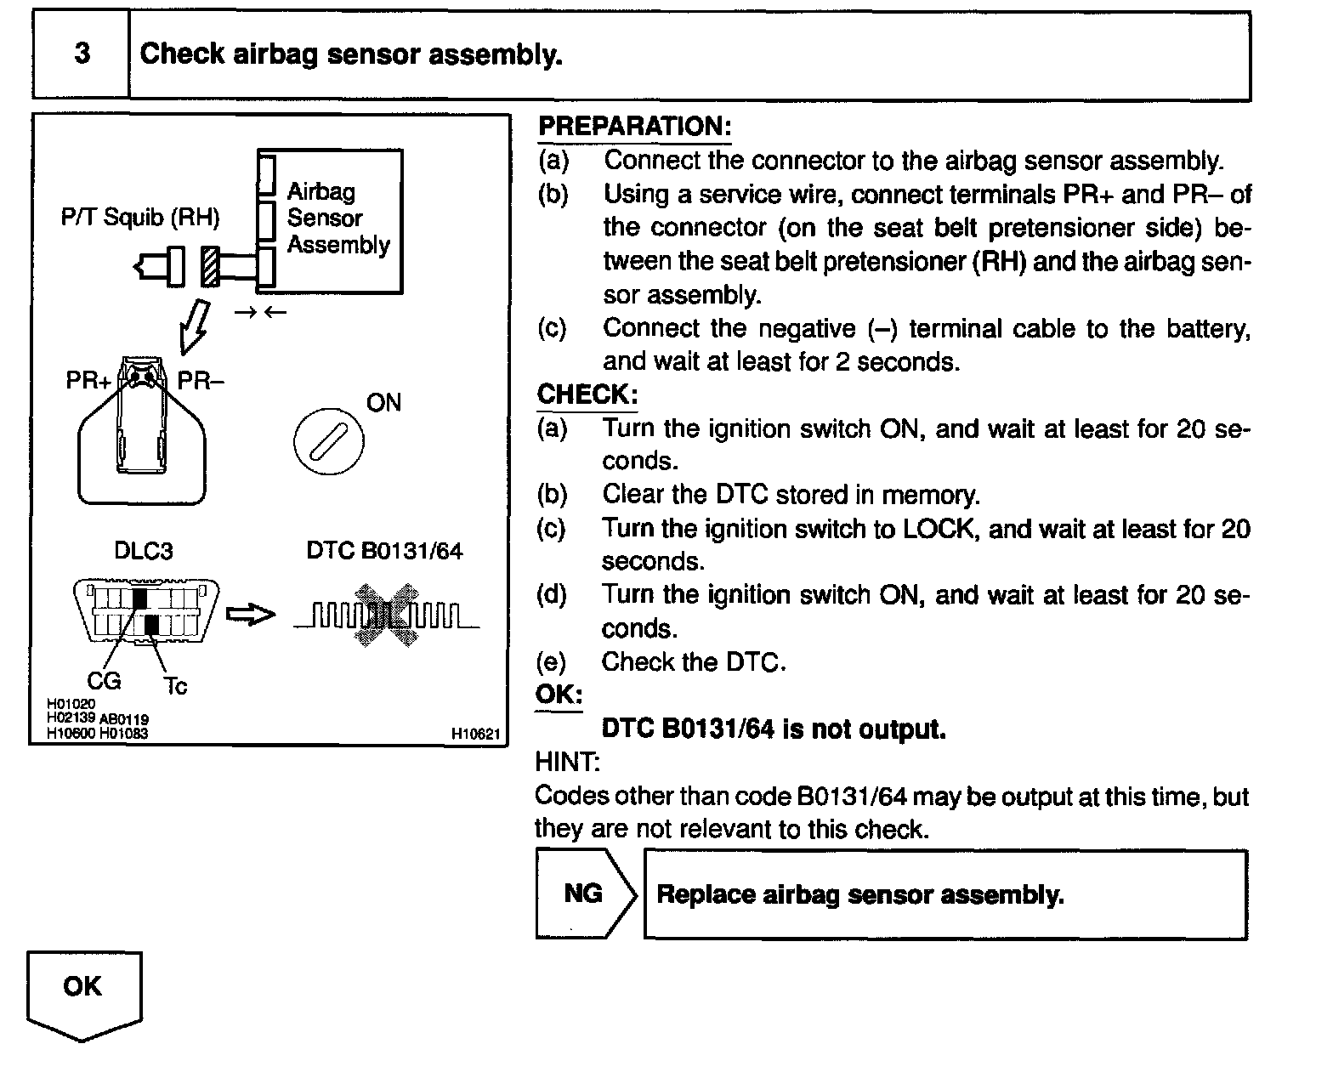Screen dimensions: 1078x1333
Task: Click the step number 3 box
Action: point(82,54)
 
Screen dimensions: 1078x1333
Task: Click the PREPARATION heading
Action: point(634,127)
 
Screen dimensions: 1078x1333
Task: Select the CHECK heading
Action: point(586,394)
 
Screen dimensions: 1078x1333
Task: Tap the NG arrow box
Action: point(584,894)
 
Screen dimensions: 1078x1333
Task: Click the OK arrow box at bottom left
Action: point(83,990)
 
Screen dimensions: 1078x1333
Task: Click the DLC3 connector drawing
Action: point(146,611)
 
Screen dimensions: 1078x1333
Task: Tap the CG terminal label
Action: point(104,680)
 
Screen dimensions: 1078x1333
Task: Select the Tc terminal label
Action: point(175,685)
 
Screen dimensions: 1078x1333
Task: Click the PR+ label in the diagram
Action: point(88,381)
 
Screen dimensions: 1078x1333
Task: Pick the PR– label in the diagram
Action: point(201,381)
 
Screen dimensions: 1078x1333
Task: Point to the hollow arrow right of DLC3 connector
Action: point(252,614)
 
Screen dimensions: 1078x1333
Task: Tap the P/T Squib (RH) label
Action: point(140,218)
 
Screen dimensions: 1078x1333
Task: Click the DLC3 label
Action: point(143,551)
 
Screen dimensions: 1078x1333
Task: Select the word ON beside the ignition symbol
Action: point(383,403)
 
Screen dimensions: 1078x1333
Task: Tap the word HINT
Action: point(567,763)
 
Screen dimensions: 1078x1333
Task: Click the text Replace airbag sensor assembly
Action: point(860,894)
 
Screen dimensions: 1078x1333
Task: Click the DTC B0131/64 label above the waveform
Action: point(384,551)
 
